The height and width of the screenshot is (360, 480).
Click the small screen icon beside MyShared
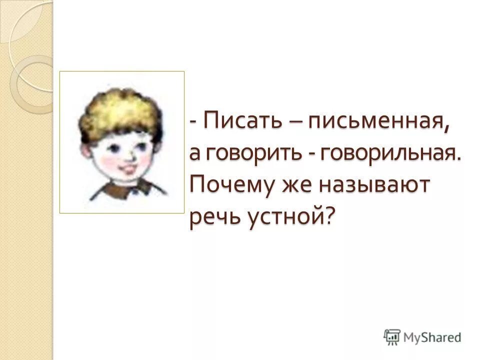pyautogui.click(x=391, y=336)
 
